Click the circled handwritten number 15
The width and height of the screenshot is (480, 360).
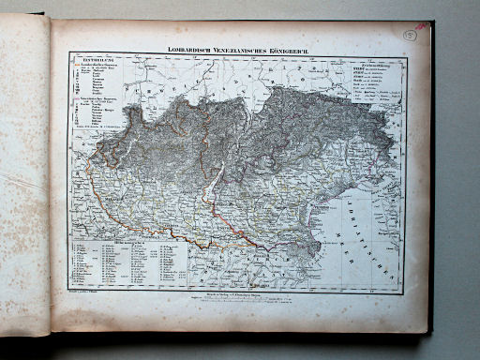click(410, 35)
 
